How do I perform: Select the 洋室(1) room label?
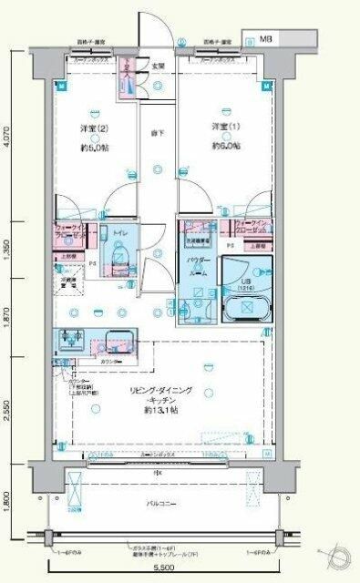(224, 125)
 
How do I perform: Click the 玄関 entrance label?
(158, 66)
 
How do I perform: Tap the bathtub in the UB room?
(246, 307)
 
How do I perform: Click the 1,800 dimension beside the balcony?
(8, 501)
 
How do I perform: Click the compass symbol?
(336, 557)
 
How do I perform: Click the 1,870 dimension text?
(8, 316)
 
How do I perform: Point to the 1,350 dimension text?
(8, 248)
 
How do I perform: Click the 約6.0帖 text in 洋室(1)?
(225, 146)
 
